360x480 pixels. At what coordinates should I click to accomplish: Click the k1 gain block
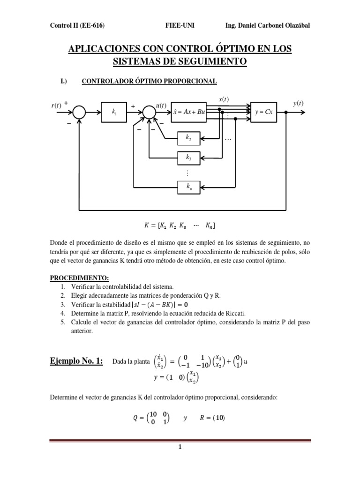tap(114, 112)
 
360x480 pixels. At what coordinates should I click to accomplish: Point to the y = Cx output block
tap(264, 112)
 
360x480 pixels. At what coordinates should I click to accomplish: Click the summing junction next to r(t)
tap(79, 112)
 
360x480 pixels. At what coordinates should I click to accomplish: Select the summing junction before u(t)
tap(149, 112)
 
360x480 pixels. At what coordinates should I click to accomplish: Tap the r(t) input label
tap(56, 105)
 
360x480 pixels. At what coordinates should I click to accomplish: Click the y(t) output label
tap(298, 104)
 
